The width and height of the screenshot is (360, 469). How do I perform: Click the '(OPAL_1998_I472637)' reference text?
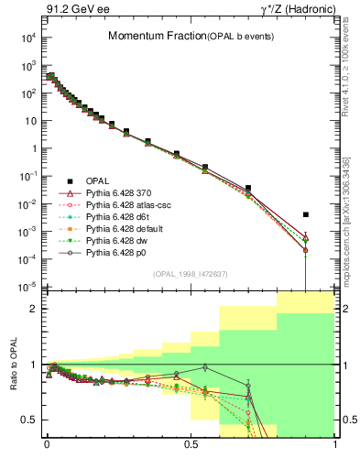pyautogui.click(x=190, y=273)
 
